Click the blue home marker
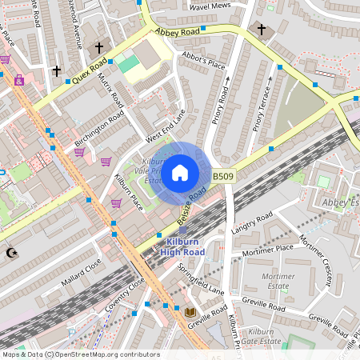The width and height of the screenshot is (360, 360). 180,172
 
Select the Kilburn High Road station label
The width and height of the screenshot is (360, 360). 182,246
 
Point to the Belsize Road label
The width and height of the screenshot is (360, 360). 192,205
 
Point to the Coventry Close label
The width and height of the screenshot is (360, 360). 131,294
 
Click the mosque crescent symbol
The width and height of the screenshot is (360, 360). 11,253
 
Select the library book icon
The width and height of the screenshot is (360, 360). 190,312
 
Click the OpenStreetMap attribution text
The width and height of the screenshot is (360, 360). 80,354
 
